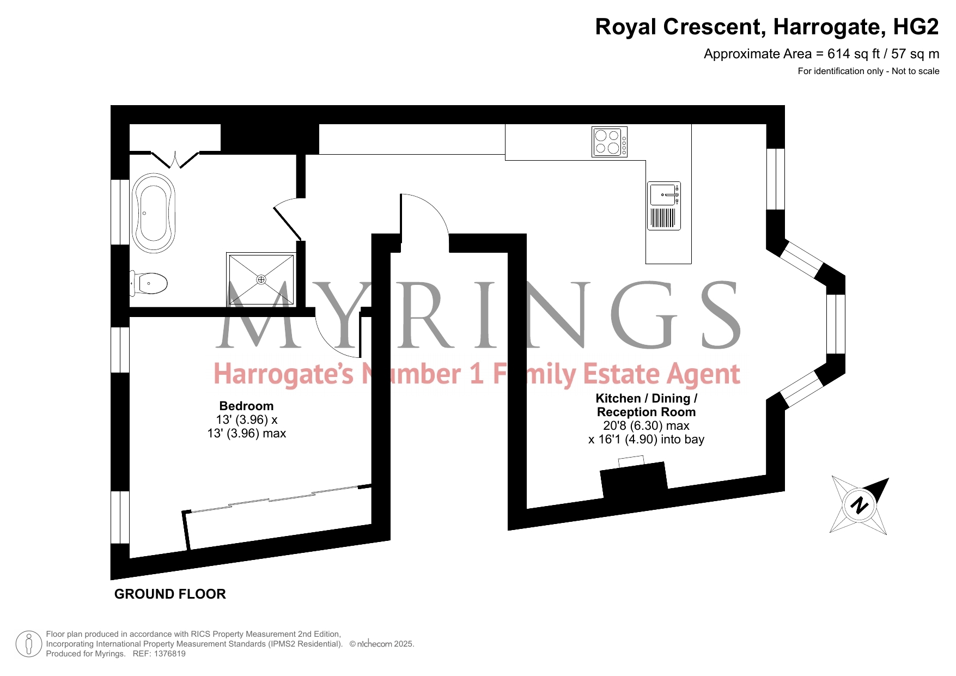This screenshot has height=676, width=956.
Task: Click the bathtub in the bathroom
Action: click(x=154, y=213)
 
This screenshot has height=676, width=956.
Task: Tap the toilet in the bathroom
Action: click(x=149, y=283)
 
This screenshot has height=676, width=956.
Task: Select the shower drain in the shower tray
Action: click(x=261, y=279)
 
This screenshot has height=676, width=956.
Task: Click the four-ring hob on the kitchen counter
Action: click(x=610, y=142)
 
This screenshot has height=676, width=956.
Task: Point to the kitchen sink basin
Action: click(x=662, y=195)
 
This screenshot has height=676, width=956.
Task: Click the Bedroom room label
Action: click(x=246, y=406)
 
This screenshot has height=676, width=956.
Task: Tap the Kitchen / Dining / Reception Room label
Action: click(x=647, y=405)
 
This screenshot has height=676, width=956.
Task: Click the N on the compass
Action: click(x=859, y=506)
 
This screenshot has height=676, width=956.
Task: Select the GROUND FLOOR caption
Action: click(x=170, y=594)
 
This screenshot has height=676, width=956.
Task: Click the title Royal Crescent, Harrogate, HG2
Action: click(x=767, y=27)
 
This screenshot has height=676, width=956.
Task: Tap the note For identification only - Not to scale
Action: click(x=868, y=71)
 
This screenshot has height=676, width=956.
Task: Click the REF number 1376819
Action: click(x=170, y=654)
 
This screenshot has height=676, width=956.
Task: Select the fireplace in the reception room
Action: click(x=634, y=480)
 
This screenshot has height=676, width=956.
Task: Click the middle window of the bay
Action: click(x=836, y=324)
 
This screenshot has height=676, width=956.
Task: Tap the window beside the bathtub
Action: click(x=120, y=212)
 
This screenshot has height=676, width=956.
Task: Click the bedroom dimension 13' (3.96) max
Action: click(x=247, y=434)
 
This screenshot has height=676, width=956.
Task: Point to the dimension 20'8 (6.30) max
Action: click(x=646, y=426)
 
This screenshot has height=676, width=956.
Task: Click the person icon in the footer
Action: click(x=29, y=644)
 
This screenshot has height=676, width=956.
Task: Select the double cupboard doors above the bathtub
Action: click(x=175, y=160)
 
